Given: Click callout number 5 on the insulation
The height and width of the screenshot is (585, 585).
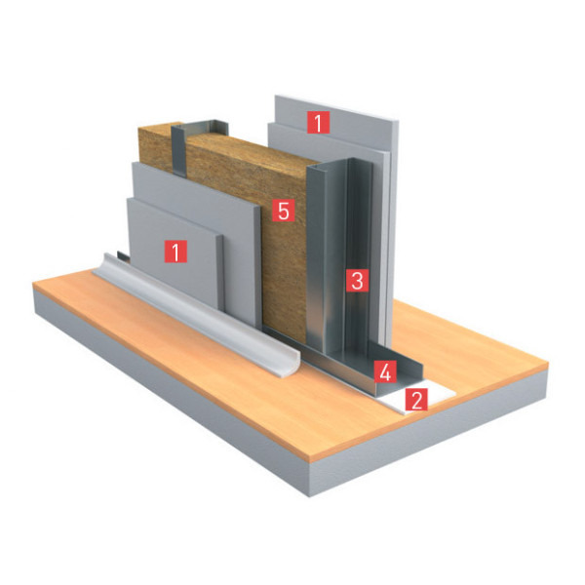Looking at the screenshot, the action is coord(284,210).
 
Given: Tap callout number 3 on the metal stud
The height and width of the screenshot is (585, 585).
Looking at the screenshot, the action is coord(357,280).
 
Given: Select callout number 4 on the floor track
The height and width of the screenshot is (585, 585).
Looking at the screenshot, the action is coord(385,371).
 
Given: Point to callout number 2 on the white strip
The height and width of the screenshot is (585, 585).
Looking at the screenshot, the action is coord(416,400).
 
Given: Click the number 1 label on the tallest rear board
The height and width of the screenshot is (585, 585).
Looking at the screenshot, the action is coord(318,122).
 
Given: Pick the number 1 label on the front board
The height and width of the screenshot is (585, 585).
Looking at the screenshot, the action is coord(175,252).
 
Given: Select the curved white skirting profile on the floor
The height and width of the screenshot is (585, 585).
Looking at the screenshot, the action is coord(194,312).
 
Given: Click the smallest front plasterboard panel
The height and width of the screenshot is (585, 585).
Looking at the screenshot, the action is coord(175,253).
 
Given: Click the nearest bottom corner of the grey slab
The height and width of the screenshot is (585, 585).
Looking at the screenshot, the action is coord(310,496).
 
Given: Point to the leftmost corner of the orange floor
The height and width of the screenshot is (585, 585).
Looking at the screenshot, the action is coord(33,283).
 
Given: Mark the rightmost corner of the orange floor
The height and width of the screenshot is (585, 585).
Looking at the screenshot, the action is coord(548,361).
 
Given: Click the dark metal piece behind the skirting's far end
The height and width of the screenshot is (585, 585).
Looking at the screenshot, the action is coord(123,256).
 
